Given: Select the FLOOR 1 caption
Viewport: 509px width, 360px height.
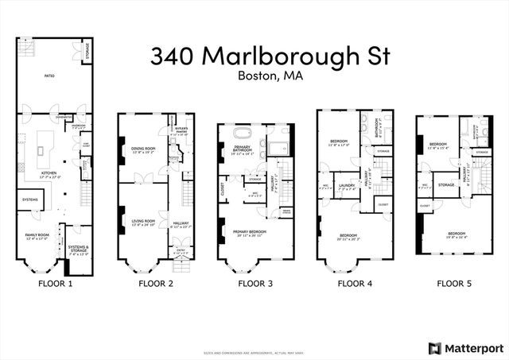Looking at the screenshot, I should pos(55,283).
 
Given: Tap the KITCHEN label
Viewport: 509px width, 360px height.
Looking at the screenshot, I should pos(49,172).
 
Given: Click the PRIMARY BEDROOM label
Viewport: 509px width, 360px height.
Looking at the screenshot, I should pos(250,231).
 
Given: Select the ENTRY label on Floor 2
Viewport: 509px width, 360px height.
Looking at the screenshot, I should pos(181,250).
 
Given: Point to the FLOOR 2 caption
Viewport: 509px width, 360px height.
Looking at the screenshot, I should pos(154,283).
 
